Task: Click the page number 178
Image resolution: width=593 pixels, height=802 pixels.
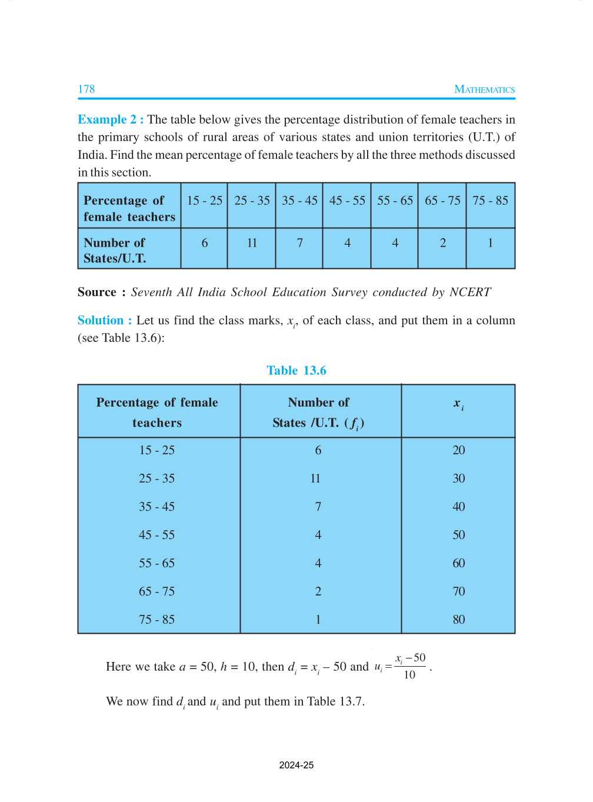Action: (x=86, y=89)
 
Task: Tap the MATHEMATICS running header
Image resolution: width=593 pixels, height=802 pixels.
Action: (x=484, y=90)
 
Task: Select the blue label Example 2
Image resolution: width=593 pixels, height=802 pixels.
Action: (x=110, y=119)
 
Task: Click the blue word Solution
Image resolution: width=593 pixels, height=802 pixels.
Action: (x=101, y=321)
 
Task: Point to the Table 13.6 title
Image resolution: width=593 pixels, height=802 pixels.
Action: (x=296, y=371)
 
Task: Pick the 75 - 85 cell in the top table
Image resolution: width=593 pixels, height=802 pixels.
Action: (x=490, y=201)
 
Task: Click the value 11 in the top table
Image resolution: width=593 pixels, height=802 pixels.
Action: (x=252, y=243)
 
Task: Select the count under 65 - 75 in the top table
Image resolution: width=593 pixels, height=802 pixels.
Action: (x=442, y=243)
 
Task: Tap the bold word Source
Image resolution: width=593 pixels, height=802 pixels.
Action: (x=97, y=292)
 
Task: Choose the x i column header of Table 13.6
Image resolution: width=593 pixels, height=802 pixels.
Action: (x=458, y=404)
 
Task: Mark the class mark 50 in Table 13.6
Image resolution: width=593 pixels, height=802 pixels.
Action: (x=458, y=535)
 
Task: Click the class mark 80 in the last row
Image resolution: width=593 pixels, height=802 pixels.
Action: (x=458, y=620)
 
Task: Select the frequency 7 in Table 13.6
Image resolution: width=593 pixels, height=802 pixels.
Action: (x=318, y=507)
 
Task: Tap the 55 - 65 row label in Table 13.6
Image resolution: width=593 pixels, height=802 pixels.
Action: (x=156, y=564)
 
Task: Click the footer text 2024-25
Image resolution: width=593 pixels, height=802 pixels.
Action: (x=296, y=766)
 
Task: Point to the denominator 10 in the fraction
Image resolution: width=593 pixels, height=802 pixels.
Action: (x=409, y=675)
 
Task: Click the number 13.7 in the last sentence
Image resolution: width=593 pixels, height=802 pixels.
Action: (x=352, y=702)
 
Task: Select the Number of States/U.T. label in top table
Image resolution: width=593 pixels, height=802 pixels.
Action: (x=115, y=251)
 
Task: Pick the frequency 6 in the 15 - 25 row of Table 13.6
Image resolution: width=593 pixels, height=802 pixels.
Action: (x=318, y=451)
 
